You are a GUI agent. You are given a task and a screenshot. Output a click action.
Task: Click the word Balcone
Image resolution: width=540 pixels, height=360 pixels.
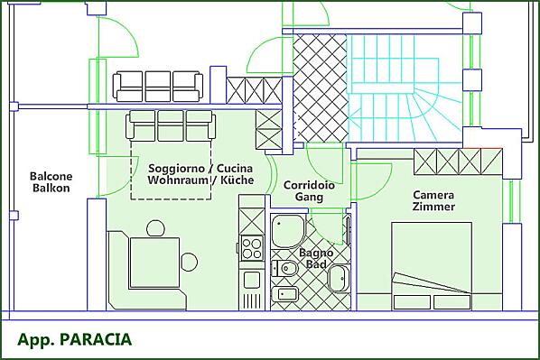[x=51, y=176]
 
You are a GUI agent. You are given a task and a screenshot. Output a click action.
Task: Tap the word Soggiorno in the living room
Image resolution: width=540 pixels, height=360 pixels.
[x=176, y=169]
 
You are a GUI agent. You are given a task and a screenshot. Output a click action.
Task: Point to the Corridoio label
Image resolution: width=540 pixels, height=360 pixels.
[x=309, y=185]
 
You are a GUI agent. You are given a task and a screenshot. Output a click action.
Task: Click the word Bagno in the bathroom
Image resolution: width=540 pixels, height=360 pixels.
[x=316, y=253]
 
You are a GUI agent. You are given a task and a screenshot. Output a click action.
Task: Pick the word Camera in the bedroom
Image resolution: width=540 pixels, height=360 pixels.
[x=433, y=195]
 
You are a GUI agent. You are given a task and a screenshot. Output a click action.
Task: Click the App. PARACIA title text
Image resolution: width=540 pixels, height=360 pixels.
[x=74, y=339]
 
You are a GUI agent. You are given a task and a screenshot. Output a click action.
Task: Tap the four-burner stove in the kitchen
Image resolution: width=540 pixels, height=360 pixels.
[x=251, y=248]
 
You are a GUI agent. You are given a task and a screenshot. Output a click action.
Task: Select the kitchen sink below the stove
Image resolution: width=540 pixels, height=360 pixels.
[x=252, y=280]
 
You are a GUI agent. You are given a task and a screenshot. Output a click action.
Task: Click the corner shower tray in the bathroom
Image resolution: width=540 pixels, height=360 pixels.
[x=288, y=231]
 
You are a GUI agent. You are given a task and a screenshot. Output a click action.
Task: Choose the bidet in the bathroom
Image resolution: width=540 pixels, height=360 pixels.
[x=284, y=295]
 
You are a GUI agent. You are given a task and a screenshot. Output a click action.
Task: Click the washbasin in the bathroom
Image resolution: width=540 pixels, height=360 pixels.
[x=339, y=279]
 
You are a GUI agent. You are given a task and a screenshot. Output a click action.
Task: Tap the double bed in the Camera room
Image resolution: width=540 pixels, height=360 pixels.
[x=432, y=265]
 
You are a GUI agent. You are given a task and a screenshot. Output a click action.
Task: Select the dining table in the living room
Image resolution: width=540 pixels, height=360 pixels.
[x=154, y=263]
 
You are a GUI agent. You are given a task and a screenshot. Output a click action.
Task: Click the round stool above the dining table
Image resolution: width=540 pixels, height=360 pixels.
[x=155, y=228]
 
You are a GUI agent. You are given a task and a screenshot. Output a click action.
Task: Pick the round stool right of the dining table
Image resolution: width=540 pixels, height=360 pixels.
[x=189, y=262]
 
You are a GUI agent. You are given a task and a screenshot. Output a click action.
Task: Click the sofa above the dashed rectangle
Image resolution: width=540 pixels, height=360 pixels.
[x=171, y=125]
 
